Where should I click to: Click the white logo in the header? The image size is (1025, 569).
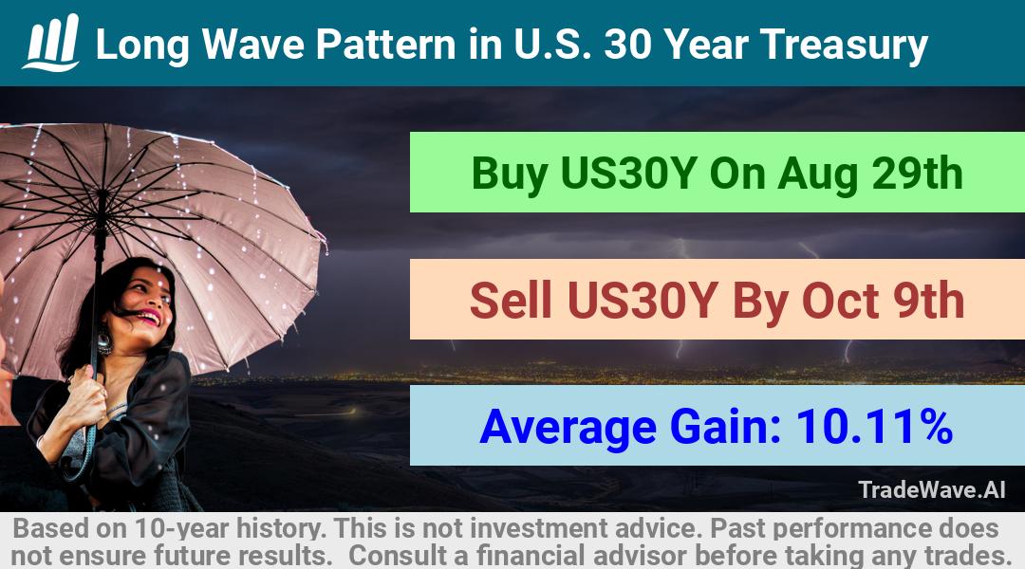pos(51,43)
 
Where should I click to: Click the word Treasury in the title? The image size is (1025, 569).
pos(844,46)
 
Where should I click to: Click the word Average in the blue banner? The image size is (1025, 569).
pos(568,428)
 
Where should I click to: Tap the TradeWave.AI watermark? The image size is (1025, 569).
pos(932,489)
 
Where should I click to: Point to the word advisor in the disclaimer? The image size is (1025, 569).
pos(640,556)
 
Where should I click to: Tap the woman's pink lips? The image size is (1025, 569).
pos(149,318)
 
